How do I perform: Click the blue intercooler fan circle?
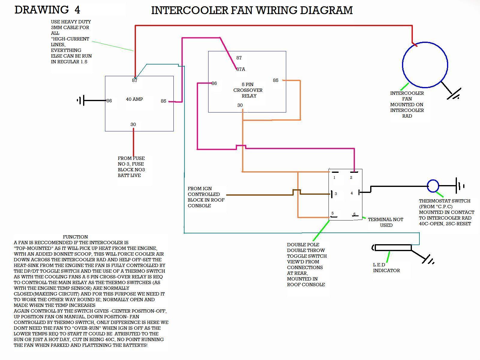[x=425, y=65]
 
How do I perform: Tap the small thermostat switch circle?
[x=433, y=186]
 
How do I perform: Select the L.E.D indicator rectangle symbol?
[x=393, y=248]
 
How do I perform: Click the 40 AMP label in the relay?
[x=134, y=99]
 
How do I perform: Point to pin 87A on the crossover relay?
[x=241, y=69]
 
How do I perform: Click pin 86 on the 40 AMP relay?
[x=109, y=101]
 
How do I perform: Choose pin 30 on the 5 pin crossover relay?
[x=240, y=105]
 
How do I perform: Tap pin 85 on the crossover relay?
[x=276, y=80]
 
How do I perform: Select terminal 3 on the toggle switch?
[x=335, y=194]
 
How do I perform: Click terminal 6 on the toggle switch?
[x=354, y=214]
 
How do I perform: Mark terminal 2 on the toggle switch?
[x=351, y=177]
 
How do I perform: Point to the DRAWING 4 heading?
[x=47, y=10]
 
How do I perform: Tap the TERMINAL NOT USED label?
[x=385, y=222]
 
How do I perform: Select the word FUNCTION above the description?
[x=75, y=237]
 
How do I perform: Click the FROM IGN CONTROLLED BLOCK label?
[x=206, y=197]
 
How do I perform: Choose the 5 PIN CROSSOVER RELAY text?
[x=248, y=90]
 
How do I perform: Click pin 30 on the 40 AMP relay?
[x=133, y=124]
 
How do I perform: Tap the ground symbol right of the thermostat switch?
[x=459, y=186]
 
